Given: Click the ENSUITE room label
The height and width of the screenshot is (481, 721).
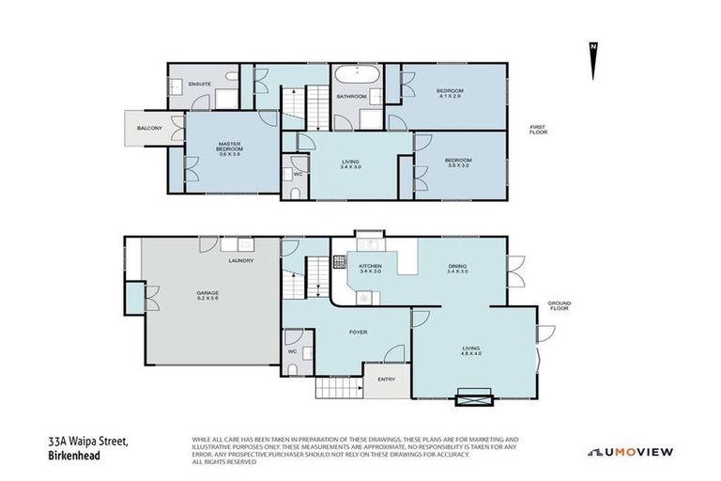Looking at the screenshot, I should point(199,85).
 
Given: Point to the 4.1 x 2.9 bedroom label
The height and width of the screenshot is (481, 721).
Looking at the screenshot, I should point(450,93).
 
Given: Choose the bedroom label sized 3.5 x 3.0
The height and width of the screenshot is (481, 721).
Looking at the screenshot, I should point(458,163).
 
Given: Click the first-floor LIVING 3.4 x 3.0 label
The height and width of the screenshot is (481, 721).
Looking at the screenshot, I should point(350,165).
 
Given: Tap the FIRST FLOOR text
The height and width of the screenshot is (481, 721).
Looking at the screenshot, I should point(538,130).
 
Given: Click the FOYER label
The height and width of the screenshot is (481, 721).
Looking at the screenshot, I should point(358,332).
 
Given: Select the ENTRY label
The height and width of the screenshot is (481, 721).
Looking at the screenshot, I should point(386,379).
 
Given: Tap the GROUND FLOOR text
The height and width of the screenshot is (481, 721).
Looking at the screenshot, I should point(560,306).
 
